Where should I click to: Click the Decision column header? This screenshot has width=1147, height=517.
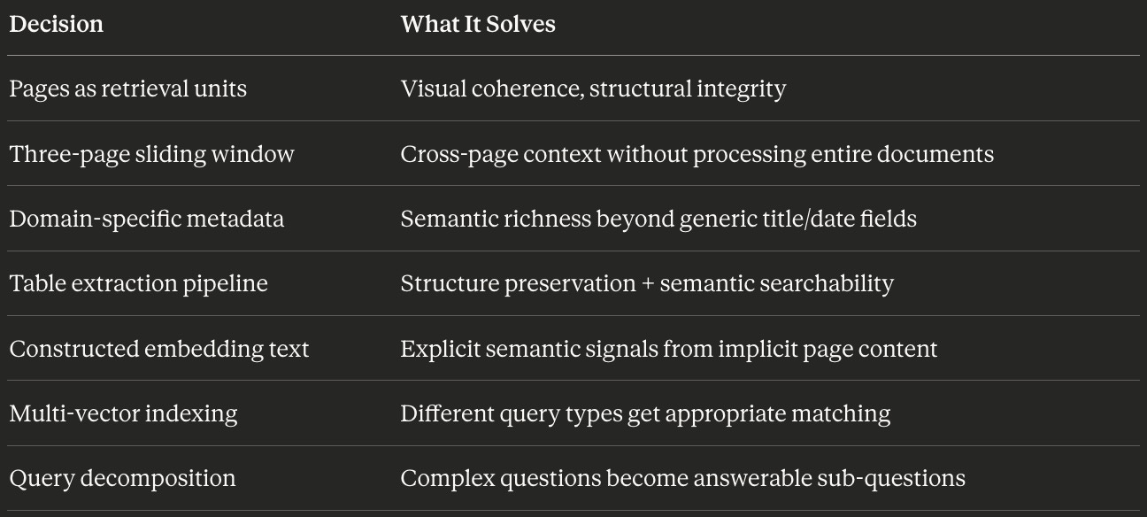[x=56, y=24]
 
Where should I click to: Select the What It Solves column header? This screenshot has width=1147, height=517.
[x=478, y=24]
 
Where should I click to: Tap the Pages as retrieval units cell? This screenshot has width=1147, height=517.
[x=128, y=89]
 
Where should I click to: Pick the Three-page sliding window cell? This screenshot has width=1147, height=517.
[x=151, y=154]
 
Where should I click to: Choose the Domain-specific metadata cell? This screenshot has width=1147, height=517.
[x=147, y=219]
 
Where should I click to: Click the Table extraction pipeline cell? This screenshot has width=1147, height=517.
[x=139, y=283]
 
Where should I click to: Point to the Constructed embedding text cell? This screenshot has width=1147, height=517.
[x=159, y=349]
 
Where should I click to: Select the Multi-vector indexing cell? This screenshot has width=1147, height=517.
[x=124, y=413]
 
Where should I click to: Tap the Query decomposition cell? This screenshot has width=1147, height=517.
[x=123, y=479]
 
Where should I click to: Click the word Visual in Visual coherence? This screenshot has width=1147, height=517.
[x=427, y=89]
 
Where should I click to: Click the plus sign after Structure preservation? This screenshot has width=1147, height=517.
[x=648, y=284]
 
